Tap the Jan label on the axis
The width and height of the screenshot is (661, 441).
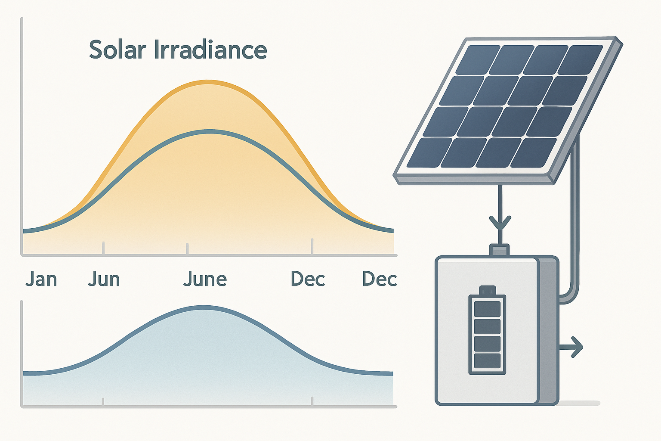[x=41, y=279]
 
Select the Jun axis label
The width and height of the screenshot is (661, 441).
[x=104, y=279]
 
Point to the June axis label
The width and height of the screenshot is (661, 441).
[x=205, y=279]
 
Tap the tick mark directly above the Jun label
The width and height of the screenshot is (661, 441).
[x=103, y=248]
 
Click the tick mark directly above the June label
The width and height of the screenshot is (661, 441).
[x=187, y=248]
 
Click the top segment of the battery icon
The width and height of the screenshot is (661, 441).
[x=487, y=309]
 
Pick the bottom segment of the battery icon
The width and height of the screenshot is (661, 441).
[x=487, y=360]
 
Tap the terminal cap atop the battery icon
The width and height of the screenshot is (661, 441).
[x=487, y=290]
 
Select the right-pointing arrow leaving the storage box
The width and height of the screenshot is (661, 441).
[x=572, y=346]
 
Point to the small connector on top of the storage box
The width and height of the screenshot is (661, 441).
[x=499, y=250]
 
